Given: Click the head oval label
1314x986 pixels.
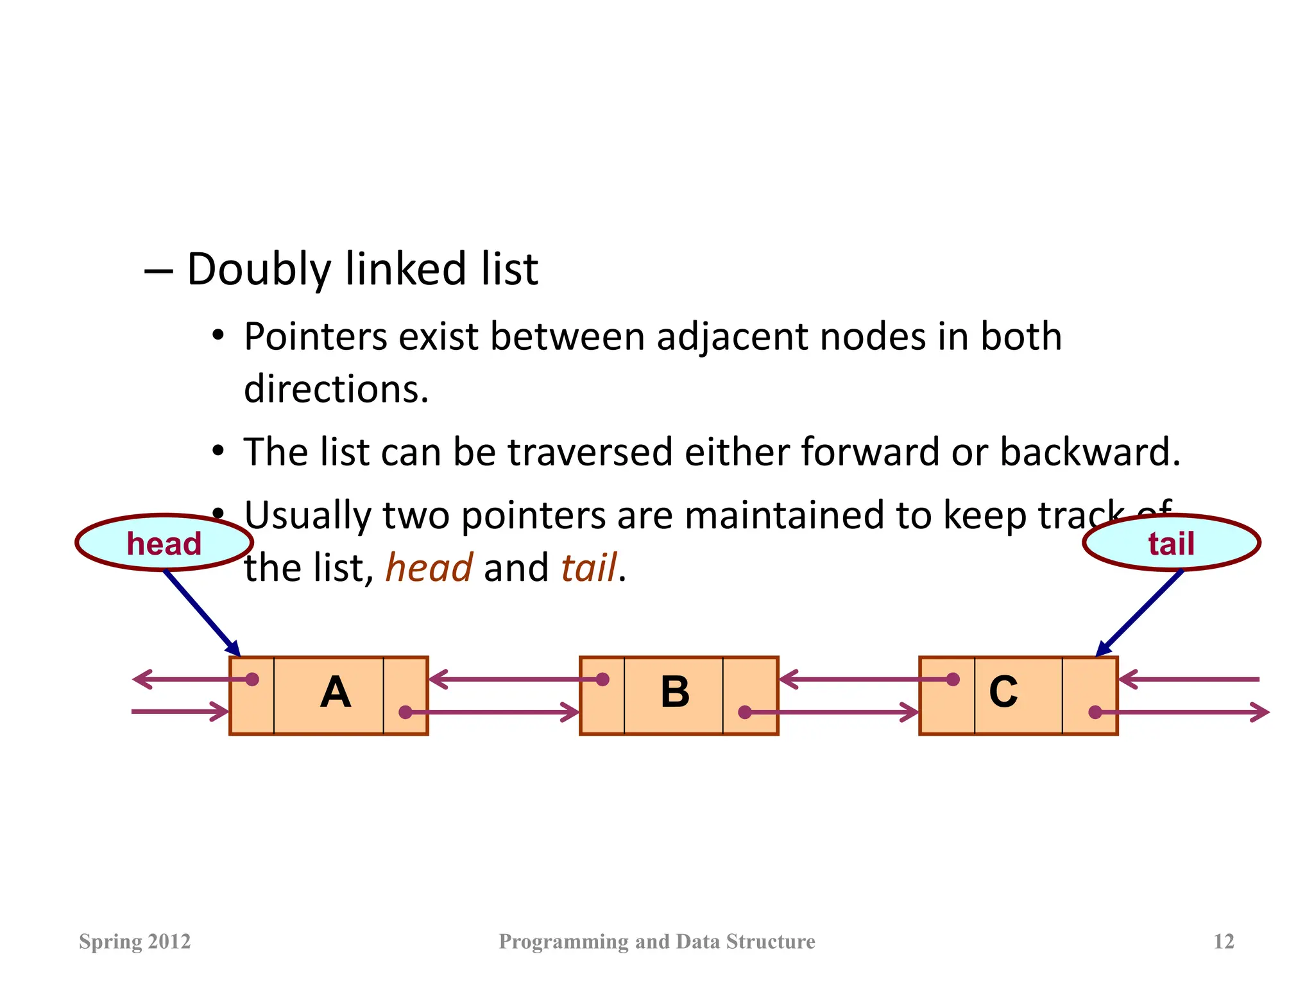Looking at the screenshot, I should (x=164, y=543).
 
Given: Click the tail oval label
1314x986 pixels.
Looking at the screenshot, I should (x=1171, y=543).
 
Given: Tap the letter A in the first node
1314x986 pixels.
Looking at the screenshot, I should (x=335, y=693).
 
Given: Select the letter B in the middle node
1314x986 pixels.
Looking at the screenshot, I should (x=675, y=693).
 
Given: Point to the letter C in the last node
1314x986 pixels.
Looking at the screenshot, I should (x=1003, y=692).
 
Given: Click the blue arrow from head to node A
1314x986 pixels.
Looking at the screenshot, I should (x=202, y=613).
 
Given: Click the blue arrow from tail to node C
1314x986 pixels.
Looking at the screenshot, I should (x=1139, y=613).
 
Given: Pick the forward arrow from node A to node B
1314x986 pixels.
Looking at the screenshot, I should (x=494, y=712).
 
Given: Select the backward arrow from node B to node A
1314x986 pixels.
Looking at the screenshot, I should (x=513, y=679).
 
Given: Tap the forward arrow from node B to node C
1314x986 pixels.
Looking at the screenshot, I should (x=834, y=712).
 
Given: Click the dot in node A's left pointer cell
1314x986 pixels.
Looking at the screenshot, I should (x=252, y=679).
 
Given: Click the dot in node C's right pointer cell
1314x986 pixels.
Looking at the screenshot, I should (x=1095, y=712).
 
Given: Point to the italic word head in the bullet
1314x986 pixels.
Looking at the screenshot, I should (x=429, y=568).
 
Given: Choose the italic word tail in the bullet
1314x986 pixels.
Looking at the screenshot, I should (x=588, y=568).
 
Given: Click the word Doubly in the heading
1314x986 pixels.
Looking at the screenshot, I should (x=258, y=270).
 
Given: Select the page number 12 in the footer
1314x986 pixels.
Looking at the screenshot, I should (x=1224, y=942).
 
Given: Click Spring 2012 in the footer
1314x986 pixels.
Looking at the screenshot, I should (x=135, y=942).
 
